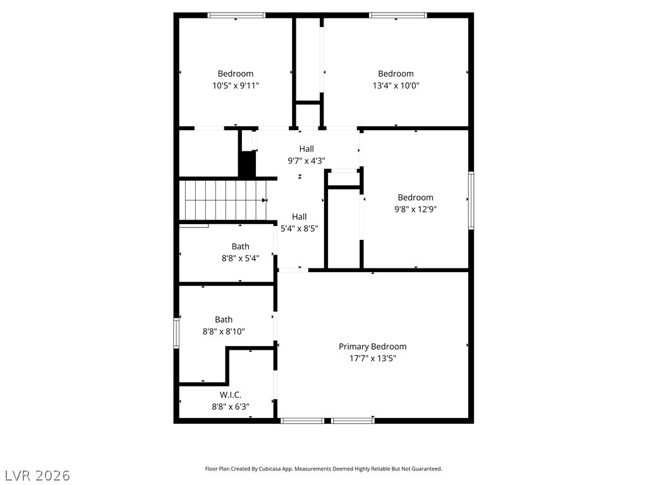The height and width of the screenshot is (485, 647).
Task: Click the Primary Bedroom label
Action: (372, 346)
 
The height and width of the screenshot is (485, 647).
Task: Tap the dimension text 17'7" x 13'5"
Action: (372, 358)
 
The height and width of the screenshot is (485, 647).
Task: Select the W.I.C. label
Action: (231, 395)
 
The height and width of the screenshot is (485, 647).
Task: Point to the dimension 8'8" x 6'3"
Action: (231, 407)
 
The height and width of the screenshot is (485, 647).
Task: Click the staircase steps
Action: (224, 200)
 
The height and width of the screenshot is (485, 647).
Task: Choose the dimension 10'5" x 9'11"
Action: (236, 85)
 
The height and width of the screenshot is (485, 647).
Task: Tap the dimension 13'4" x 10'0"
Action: (396, 85)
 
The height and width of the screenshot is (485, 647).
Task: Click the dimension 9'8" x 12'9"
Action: (415, 209)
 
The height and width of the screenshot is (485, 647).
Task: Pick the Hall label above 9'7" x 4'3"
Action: (306, 148)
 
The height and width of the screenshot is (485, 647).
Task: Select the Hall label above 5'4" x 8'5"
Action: (299, 216)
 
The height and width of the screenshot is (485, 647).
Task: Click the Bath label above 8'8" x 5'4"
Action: (240, 246)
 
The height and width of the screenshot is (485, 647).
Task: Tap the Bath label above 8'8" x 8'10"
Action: (224, 320)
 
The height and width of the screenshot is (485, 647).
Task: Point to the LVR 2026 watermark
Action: (37, 475)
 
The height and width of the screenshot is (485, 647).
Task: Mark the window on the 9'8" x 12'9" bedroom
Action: (471, 200)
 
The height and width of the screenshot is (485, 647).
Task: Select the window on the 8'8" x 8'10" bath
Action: (176, 333)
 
